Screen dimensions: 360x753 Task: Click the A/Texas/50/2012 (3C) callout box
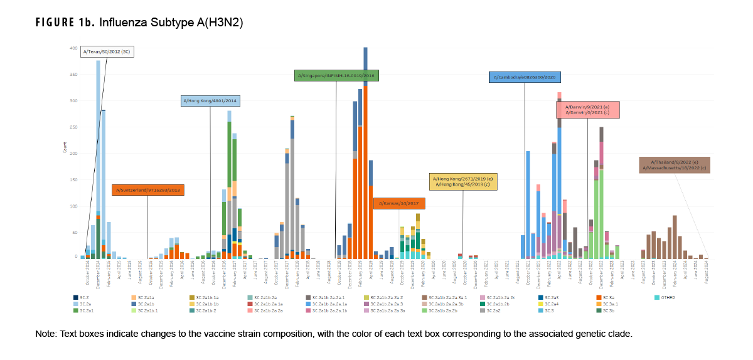[107, 52]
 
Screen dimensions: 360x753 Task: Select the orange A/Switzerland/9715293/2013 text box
[148, 189]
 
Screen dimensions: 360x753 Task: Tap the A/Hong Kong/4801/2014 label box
[210, 100]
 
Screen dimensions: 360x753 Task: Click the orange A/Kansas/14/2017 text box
[399, 203]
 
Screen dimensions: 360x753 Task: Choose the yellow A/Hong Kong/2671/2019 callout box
[463, 181]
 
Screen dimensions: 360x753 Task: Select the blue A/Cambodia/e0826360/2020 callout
[525, 77]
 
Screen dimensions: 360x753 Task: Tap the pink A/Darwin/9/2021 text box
[587, 110]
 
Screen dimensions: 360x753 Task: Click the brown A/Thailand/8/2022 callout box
[675, 164]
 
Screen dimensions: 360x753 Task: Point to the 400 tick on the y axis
[73, 48]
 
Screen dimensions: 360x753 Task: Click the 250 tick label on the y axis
[73, 127]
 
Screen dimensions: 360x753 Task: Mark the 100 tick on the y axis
[73, 206]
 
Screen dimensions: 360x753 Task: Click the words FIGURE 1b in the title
[61, 23]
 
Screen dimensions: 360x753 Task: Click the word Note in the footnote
[45, 333]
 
